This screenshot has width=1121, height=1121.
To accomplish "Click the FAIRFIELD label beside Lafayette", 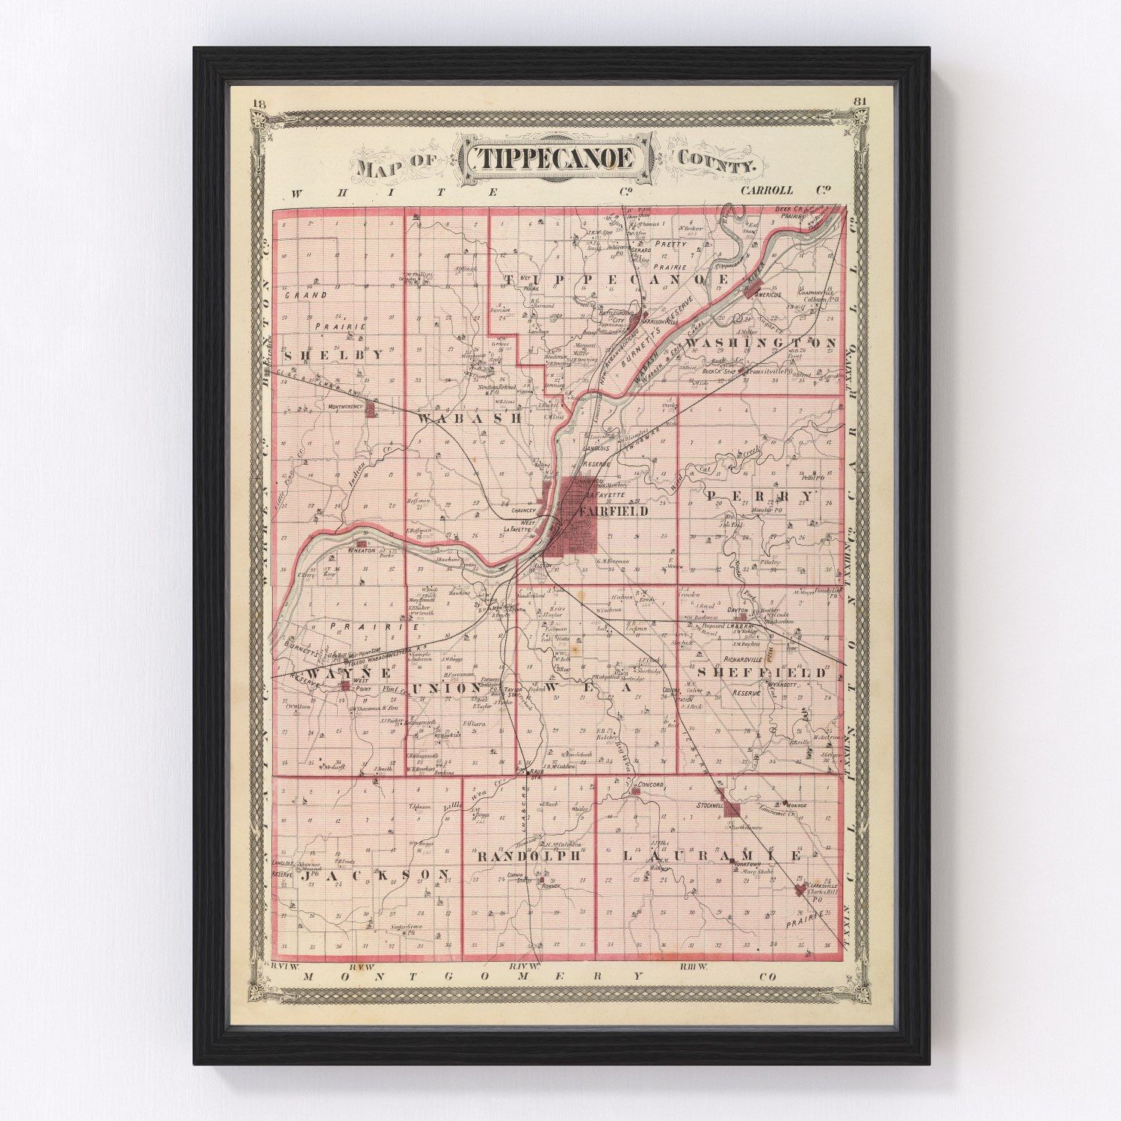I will pyautogui.click(x=613, y=512).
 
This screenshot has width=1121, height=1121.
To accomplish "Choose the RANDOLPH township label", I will pyautogui.click(x=528, y=856).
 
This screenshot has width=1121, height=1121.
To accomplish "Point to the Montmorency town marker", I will pyautogui.click(x=369, y=409).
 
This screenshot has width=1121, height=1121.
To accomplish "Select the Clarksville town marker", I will pyautogui.click(x=800, y=889).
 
